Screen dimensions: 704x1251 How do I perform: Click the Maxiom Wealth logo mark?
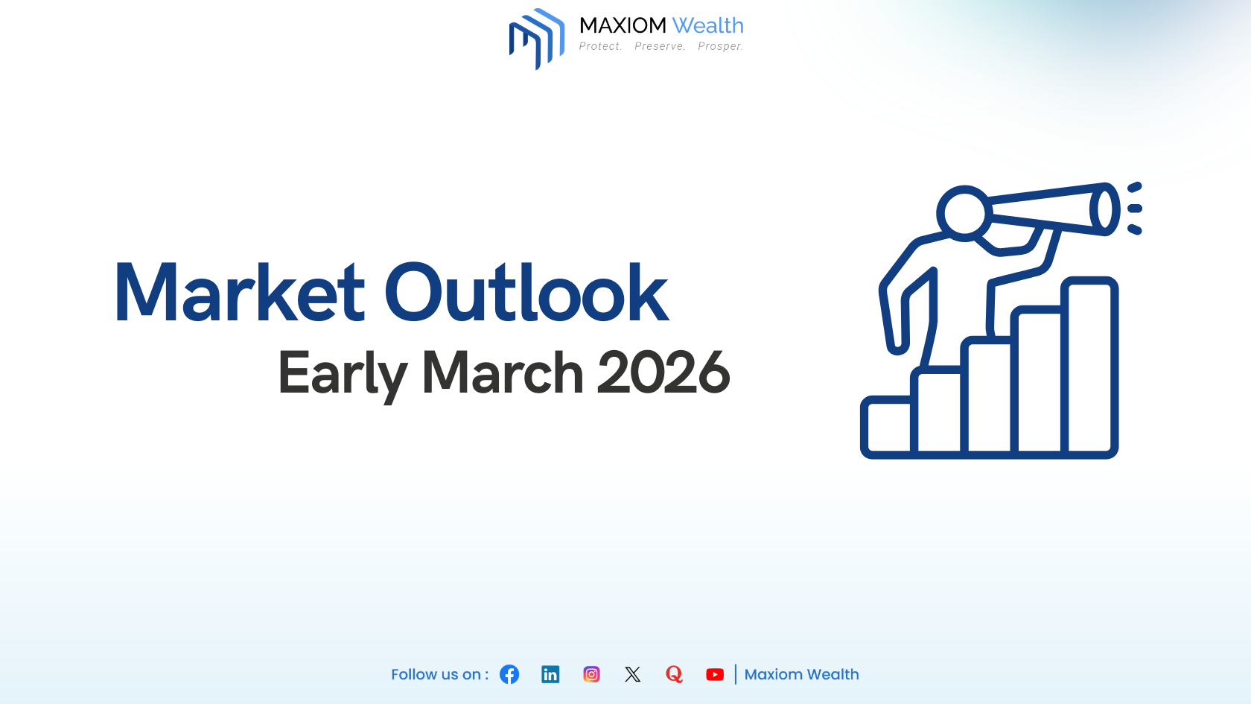point(536,39)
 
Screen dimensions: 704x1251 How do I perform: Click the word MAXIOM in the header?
point(623,26)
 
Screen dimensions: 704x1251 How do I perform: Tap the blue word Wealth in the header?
point(707,26)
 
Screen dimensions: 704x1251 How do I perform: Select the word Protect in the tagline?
point(600,46)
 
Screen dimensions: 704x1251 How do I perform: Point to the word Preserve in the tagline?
point(660,46)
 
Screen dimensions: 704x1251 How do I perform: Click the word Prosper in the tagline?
point(720,46)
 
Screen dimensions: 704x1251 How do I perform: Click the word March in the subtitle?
point(503,373)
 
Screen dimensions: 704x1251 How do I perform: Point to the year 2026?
point(663,373)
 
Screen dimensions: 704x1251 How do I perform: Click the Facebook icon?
point(509,674)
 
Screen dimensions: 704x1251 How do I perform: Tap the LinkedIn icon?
point(550,674)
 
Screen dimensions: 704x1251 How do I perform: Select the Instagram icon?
point(591,674)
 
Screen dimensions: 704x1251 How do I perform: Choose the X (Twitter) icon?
point(633,674)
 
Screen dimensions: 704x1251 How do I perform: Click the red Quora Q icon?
point(674,674)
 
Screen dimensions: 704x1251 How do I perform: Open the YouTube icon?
point(715,674)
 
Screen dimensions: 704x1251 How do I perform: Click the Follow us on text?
point(439,674)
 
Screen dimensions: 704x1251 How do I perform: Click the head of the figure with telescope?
point(964,213)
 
